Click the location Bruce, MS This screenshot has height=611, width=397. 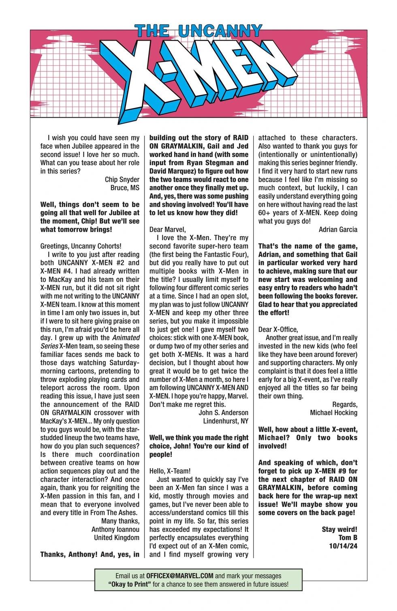(125, 188)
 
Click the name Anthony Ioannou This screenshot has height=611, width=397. (115, 529)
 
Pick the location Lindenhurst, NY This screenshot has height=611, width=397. (226, 421)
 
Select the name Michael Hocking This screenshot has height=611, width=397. (334, 413)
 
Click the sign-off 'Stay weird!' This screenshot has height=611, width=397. (339, 529)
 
